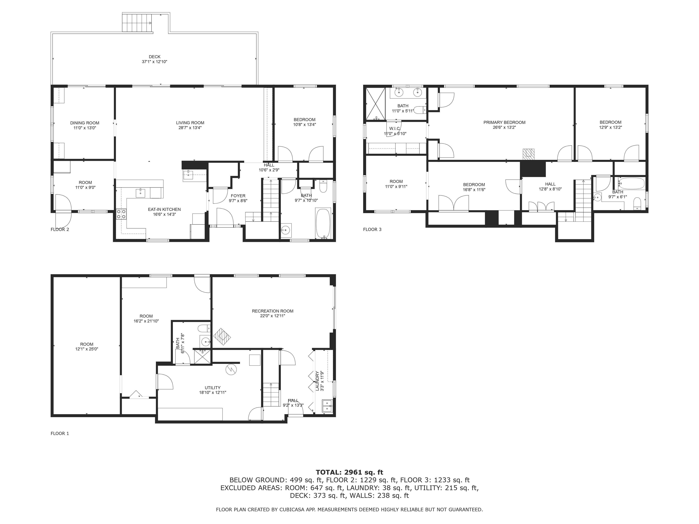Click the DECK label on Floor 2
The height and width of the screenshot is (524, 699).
[x=154, y=57]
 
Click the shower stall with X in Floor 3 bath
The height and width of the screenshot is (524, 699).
[x=375, y=104]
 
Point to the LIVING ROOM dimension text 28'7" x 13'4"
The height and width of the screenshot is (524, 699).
[x=190, y=128]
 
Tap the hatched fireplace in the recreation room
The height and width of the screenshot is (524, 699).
[x=222, y=337]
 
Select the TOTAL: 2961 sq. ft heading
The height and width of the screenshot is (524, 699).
[x=349, y=472]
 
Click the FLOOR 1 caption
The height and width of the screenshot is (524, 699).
[x=60, y=433]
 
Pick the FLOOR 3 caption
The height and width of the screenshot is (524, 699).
[x=372, y=229]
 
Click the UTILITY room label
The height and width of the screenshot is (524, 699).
[x=212, y=388]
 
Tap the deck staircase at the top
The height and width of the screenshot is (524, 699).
[x=137, y=23]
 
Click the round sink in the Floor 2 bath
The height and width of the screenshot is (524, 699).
[x=286, y=230]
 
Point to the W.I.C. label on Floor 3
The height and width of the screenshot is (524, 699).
[x=395, y=128]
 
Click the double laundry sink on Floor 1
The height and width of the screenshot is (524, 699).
[x=327, y=406]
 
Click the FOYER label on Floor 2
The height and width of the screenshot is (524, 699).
[x=238, y=196]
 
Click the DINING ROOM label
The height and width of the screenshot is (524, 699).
[x=85, y=123]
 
